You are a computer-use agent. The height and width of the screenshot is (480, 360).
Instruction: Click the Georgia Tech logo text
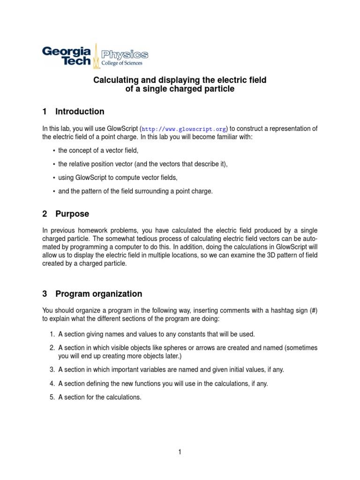(67, 56)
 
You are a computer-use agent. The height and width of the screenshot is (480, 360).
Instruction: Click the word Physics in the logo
(125, 54)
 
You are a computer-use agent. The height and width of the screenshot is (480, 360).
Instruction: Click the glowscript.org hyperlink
(184, 129)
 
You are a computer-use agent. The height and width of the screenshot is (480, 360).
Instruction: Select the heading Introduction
(80, 112)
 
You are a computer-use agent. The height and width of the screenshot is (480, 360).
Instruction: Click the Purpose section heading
(72, 214)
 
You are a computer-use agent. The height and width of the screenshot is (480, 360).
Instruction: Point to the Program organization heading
(98, 294)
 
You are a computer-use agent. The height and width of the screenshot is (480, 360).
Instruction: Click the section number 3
(45, 294)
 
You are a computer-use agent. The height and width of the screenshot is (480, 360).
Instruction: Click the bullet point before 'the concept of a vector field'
(54, 150)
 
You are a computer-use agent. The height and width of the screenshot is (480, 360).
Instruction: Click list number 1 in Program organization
(52, 334)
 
